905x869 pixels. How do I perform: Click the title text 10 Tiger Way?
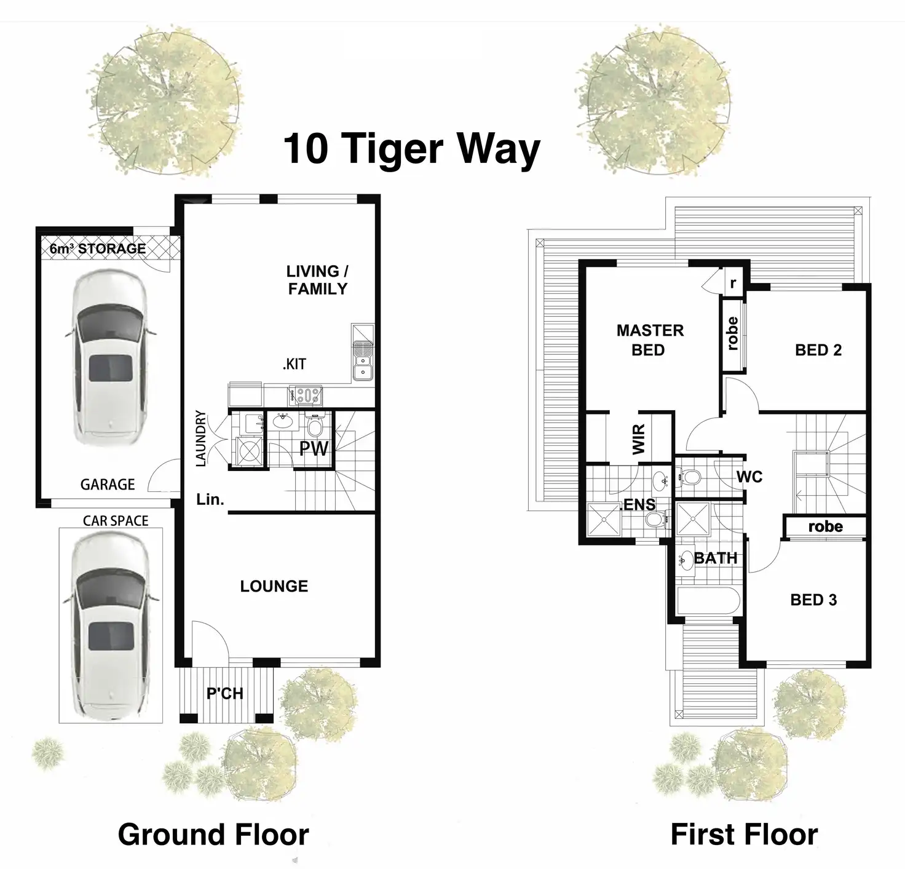pos(411,149)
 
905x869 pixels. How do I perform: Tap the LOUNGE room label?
pos(274,586)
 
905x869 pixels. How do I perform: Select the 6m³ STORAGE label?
pos(98,248)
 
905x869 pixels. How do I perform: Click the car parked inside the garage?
pos(111,357)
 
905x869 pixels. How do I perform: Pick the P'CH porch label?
pos(225,694)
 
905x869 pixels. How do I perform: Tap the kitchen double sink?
pos(363,367)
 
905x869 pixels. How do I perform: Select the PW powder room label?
pos(314,448)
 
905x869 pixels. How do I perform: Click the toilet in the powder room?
pos(315,426)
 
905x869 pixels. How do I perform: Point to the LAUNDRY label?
pos(201,438)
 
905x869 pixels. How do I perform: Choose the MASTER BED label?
pos(650,340)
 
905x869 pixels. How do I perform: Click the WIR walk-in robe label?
pos(639,439)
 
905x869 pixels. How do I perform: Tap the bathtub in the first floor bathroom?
pos(708,601)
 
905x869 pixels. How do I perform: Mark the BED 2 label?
pos(818,350)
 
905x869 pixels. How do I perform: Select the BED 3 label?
pos(814,600)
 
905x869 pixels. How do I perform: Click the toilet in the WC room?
pos(690,477)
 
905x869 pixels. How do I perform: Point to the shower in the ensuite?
pos(604,518)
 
